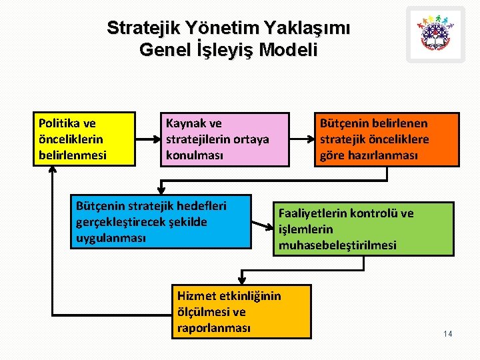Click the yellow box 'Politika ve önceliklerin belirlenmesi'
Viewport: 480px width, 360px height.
tap(84, 139)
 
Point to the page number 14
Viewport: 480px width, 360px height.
tap(447, 333)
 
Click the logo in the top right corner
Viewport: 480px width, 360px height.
tap(435, 34)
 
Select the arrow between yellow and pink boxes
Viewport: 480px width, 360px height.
tap(147, 139)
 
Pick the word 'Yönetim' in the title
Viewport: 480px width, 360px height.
tap(219, 29)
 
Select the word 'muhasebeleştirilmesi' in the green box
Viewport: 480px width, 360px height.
tap(337, 245)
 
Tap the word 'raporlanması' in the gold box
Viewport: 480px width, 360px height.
tap(214, 327)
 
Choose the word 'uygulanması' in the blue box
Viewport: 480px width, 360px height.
tap(111, 238)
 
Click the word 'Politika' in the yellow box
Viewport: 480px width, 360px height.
tap(57, 123)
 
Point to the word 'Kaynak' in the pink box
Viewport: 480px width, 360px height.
tap(184, 123)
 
